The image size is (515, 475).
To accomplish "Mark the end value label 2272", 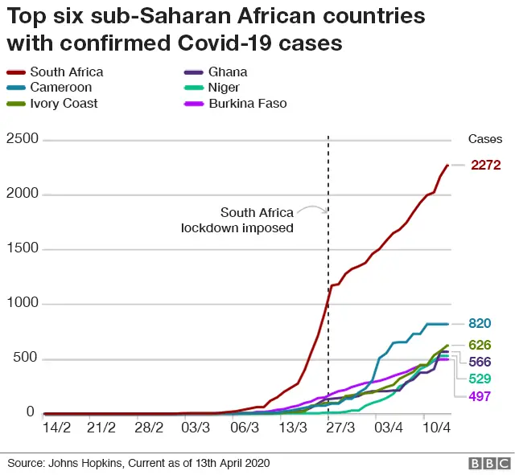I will (x=486, y=166).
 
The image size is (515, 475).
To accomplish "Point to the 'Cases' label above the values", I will (x=485, y=140).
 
